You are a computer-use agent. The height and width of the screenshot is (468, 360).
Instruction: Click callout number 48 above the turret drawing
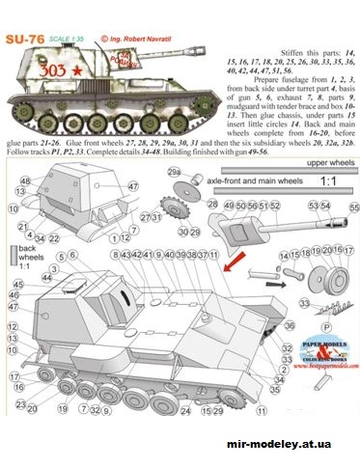point(22,180)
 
